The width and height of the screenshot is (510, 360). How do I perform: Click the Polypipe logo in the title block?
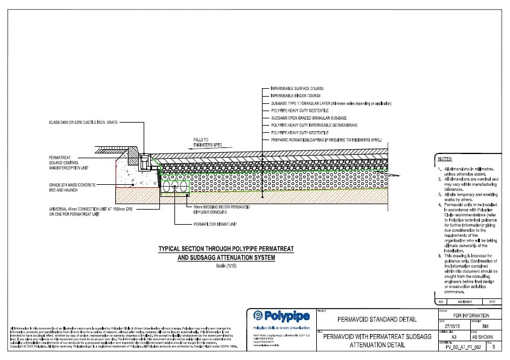282,317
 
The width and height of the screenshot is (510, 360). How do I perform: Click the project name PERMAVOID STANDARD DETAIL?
372,319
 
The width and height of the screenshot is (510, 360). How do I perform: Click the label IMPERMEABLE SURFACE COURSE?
293,89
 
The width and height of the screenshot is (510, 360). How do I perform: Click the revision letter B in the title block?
495,349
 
